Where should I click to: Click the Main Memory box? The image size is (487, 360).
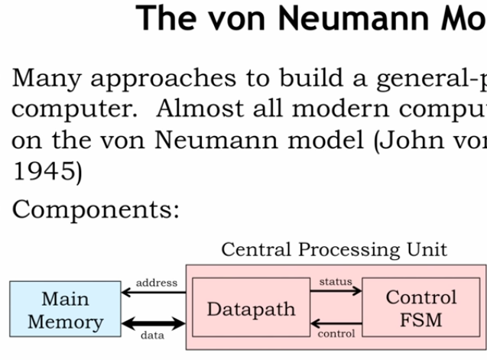point(65,309)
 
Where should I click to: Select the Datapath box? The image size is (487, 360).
point(252,307)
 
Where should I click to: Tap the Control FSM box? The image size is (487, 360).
point(421,307)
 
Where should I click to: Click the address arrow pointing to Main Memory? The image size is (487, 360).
point(154,292)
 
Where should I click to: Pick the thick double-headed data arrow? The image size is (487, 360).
point(154,323)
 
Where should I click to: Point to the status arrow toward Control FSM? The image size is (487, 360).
point(336,290)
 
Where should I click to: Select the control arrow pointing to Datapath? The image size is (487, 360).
point(336,323)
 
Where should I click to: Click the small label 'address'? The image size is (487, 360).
point(157,283)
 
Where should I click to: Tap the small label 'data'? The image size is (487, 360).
point(152,336)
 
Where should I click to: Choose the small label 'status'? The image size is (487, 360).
point(336,281)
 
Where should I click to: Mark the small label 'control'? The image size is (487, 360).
point(336,333)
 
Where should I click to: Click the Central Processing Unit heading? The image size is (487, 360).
point(334,249)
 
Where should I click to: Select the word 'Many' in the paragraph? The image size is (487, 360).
point(47,78)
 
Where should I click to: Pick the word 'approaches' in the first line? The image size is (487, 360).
point(164,79)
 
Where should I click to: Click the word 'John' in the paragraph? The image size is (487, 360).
point(412,141)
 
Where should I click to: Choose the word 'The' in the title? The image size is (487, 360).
point(166,18)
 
